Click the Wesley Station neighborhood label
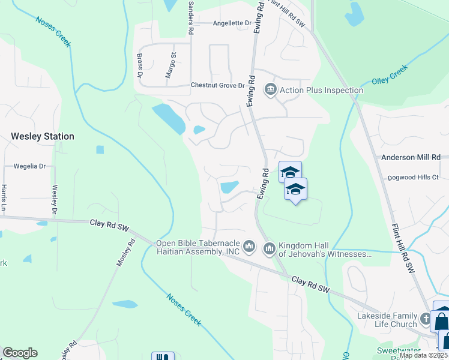pos(43,136)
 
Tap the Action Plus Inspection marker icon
pos(271,90)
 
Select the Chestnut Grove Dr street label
pos(218,85)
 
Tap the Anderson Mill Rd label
pos(411,157)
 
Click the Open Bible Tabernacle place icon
pos(250,247)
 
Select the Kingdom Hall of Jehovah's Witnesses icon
pos(269,247)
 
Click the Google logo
pos(20,353)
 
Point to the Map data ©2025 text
pos(423,355)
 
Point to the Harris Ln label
pos(4,199)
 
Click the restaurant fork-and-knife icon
pos(162,356)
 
